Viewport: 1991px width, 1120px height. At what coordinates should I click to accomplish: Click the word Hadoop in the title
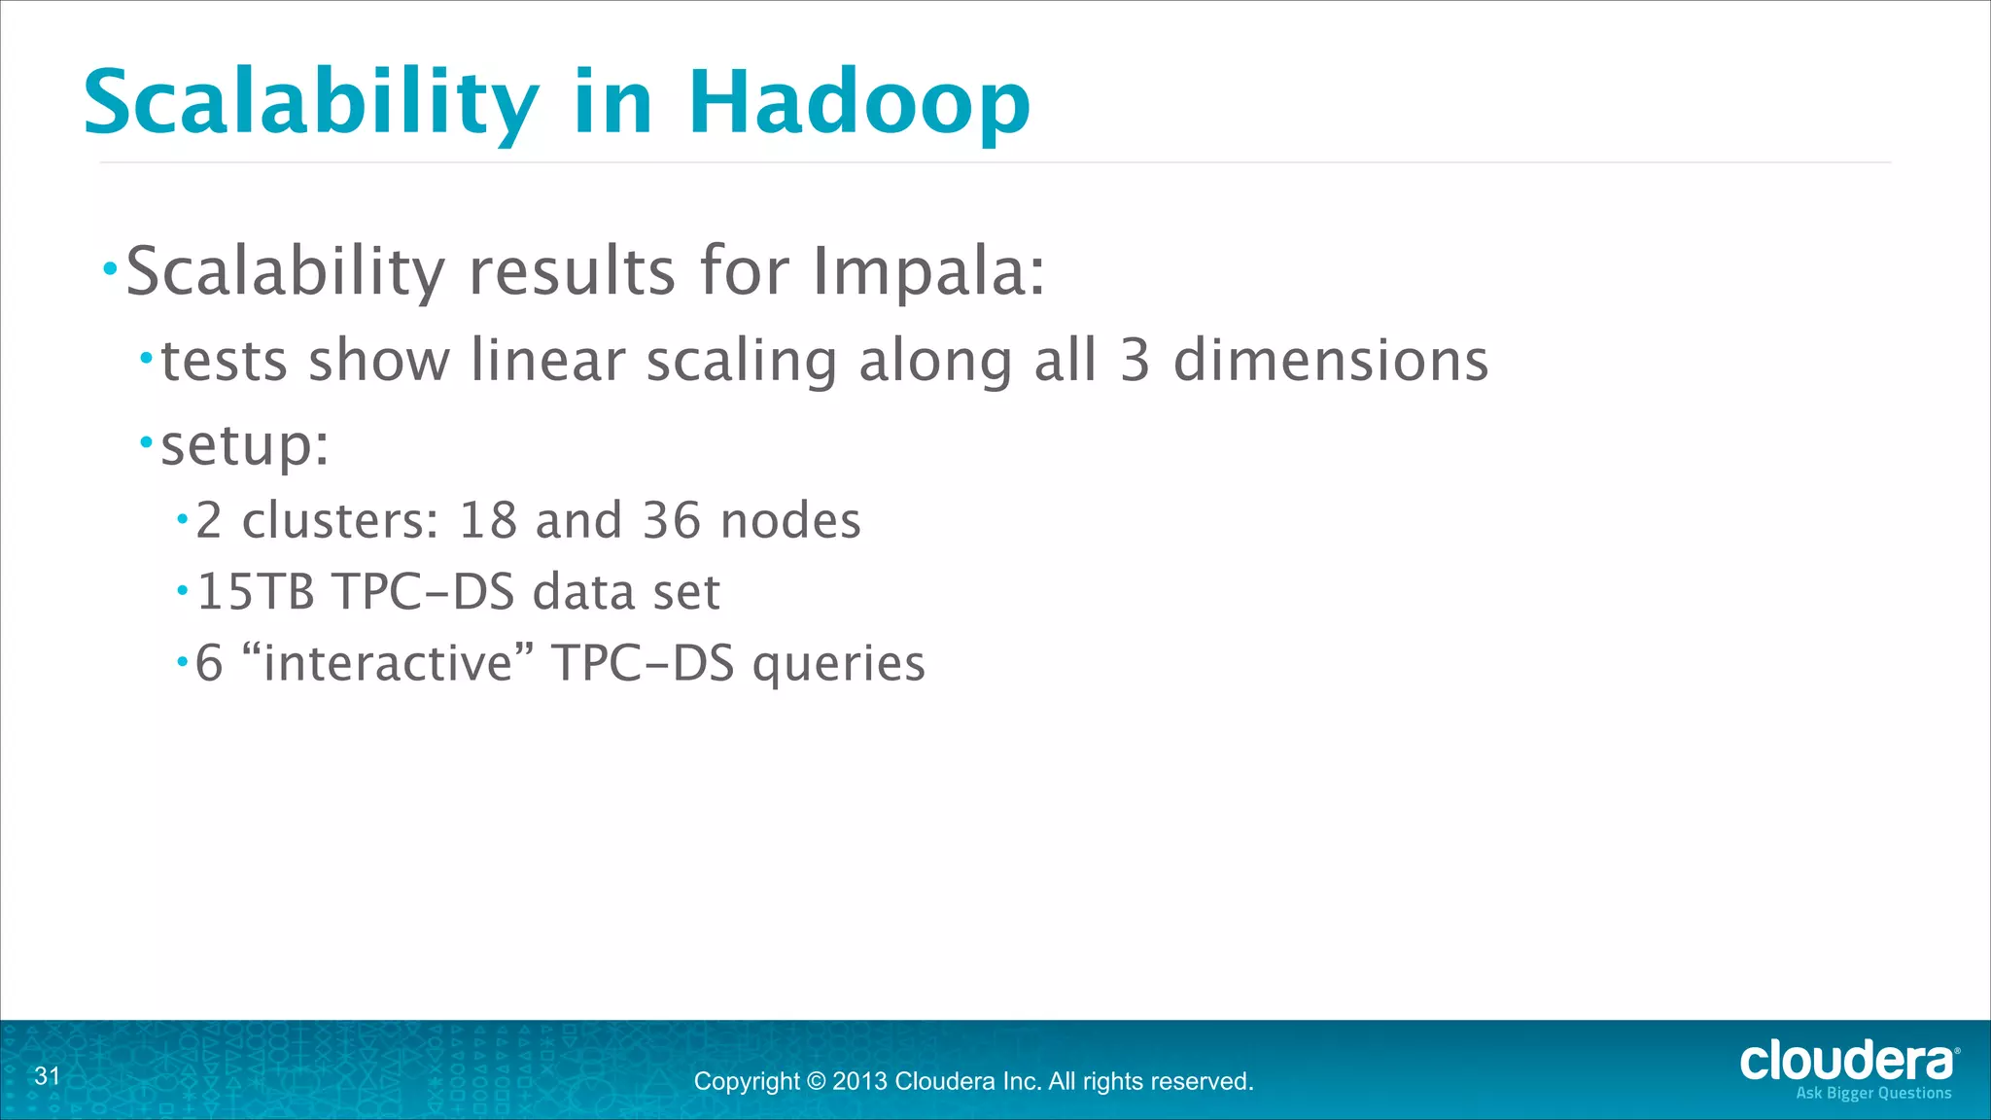[x=859, y=103]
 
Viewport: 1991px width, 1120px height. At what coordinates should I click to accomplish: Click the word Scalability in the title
[x=311, y=103]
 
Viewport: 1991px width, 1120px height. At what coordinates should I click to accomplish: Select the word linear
[x=547, y=361]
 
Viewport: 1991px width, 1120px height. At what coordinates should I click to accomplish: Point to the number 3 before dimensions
[x=1135, y=361]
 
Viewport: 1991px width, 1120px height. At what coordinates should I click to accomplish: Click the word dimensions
[x=1331, y=361]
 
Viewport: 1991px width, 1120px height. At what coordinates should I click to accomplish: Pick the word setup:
[x=245, y=445]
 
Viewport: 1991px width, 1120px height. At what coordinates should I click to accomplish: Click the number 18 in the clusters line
[x=487, y=520]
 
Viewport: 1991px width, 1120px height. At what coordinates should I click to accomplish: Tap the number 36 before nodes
[x=672, y=520]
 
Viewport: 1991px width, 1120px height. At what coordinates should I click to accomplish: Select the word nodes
[x=790, y=520]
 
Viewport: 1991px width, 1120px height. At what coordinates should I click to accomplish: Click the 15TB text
[x=256, y=591]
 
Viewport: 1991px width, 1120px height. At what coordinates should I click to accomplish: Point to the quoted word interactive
[x=388, y=664]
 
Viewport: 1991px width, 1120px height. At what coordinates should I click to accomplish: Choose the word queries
[x=839, y=664]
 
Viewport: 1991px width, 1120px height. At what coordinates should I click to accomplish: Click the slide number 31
[x=47, y=1076]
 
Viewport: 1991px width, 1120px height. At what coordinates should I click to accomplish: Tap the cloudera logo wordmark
[x=1845, y=1062]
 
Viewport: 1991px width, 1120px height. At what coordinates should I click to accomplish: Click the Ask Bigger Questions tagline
[x=1873, y=1094]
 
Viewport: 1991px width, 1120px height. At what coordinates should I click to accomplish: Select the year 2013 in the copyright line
[x=859, y=1081]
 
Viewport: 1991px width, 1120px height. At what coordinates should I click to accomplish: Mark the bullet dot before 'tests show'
[x=147, y=360]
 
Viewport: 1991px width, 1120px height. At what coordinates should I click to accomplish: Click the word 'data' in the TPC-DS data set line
[x=582, y=591]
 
